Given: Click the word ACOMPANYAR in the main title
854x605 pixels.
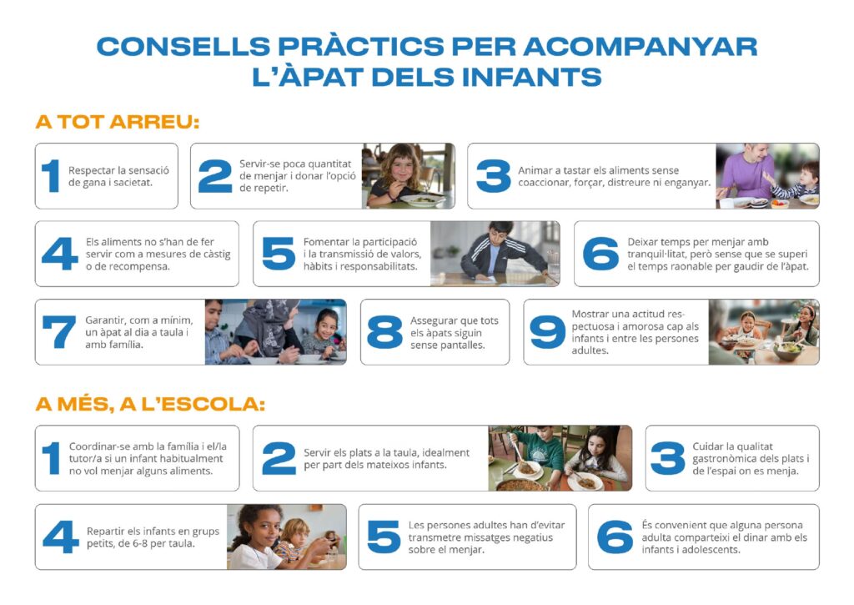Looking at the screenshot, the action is click(640, 47).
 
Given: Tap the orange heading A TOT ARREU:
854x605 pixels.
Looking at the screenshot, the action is click(118, 122).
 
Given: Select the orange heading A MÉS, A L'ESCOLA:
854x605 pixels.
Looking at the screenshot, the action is click(150, 404).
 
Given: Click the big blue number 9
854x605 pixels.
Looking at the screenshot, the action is click(547, 332).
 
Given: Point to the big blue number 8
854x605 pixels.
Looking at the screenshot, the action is click(384, 332).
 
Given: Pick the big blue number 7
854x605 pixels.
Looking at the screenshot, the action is click(59, 332).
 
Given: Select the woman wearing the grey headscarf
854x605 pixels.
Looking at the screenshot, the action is click(269, 330).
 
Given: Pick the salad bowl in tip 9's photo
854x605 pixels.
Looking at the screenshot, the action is click(789, 350).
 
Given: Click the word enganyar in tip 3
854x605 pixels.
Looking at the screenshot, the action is click(688, 183).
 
